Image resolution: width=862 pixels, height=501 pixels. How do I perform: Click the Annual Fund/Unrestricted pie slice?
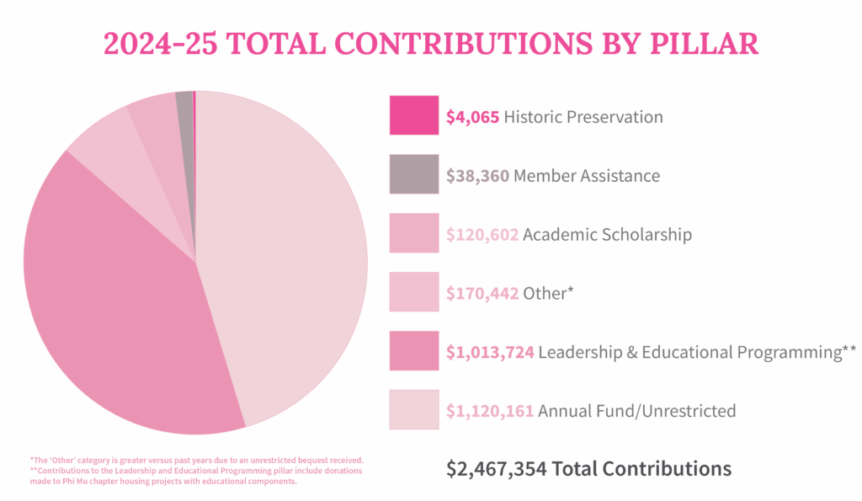[x=286, y=253]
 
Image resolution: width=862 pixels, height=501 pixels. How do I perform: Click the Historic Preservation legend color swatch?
[x=413, y=115]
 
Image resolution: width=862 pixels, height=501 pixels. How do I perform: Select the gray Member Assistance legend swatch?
[x=413, y=174]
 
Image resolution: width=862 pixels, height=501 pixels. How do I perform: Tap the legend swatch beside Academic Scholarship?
[x=413, y=233]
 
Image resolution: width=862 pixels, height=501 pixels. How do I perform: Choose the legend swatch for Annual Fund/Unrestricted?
[x=413, y=410]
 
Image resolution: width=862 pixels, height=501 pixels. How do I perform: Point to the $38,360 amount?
[x=477, y=176]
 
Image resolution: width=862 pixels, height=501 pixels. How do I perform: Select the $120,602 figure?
[x=482, y=235]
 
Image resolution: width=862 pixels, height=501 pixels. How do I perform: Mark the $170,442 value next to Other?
[x=482, y=294]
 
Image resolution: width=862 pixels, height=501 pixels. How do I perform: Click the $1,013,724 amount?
[x=490, y=352]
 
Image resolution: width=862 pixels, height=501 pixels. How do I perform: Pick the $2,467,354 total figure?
[x=496, y=469]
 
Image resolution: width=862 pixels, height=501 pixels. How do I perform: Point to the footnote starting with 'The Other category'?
[x=196, y=460]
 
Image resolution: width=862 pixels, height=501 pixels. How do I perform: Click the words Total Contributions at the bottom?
[x=641, y=469]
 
